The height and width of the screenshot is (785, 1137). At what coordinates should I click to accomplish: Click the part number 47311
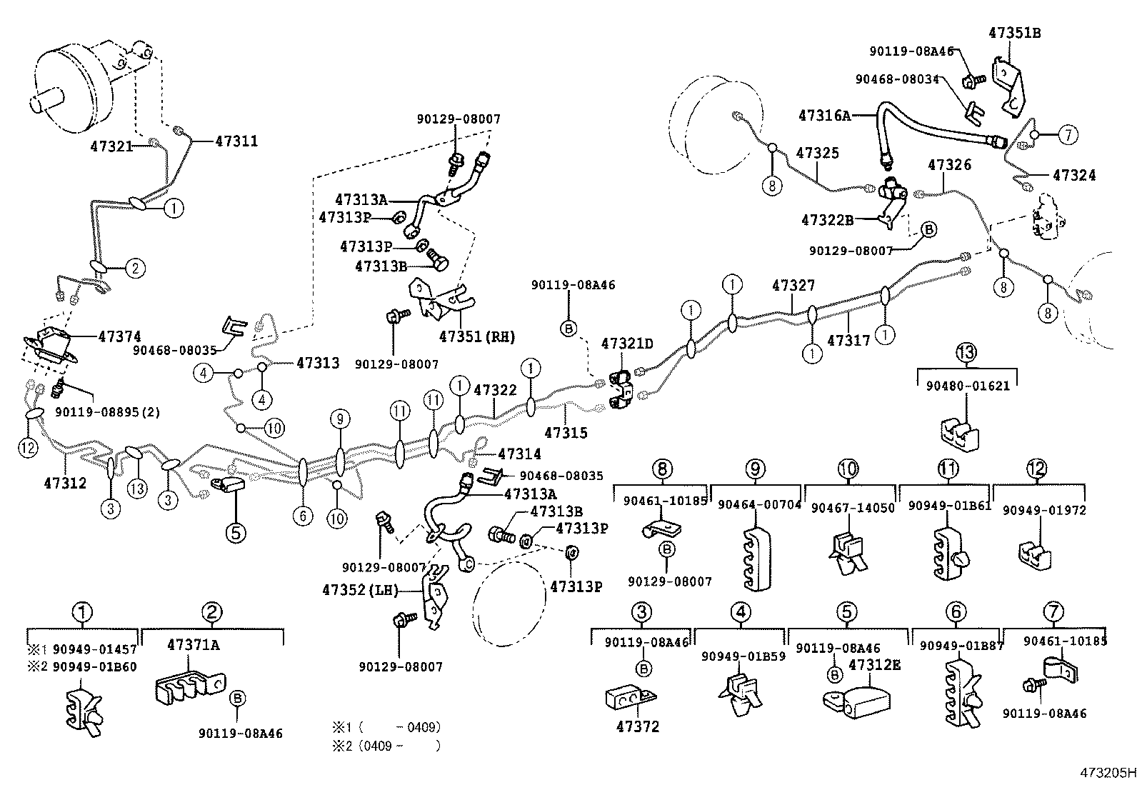coord(236,141)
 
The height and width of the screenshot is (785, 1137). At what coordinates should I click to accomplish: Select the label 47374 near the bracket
coord(119,336)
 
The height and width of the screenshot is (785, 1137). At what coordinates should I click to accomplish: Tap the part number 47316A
coord(824,115)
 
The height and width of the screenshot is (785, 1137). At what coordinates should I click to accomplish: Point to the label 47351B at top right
coord(1014,33)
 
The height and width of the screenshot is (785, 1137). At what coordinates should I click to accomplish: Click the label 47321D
coord(626,344)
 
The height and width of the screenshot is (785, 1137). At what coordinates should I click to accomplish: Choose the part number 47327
coord(793,286)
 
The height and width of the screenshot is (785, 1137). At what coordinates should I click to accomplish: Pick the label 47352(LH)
coord(360,590)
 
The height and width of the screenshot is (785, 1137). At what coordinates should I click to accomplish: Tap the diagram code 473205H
coord(1106,773)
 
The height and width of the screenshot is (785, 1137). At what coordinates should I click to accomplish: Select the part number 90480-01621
coord(968,386)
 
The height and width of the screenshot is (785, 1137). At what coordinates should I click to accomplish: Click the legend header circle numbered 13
coord(966,351)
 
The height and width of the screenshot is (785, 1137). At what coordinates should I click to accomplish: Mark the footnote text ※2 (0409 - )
coord(385,746)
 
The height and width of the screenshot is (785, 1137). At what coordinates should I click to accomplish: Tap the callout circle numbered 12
coord(27,447)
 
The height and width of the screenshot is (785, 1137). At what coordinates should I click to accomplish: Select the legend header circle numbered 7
coord(1053,612)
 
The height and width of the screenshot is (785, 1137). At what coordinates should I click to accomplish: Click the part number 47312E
coord(874,665)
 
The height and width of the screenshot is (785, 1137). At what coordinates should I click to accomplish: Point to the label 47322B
coord(827,220)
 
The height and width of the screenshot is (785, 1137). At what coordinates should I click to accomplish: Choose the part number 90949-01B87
coord(961,646)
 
